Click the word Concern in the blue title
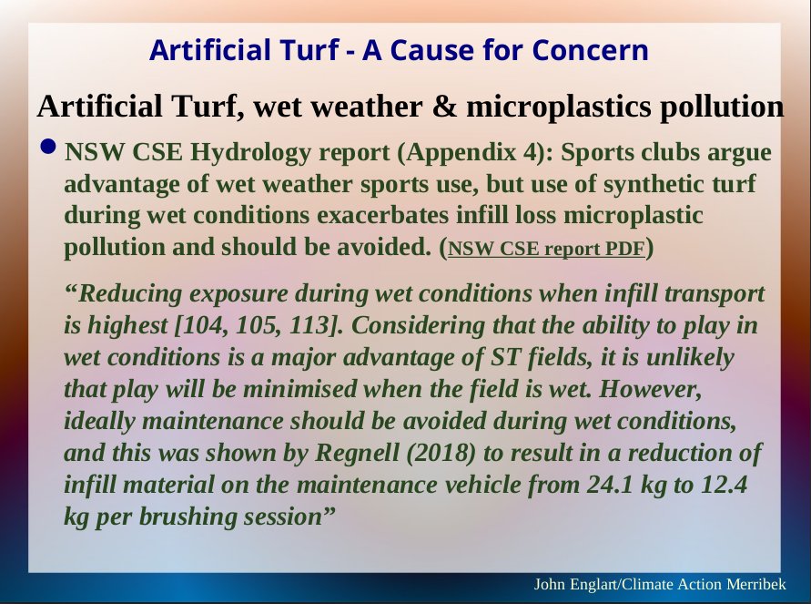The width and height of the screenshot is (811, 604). click(x=590, y=50)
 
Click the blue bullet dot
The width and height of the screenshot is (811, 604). click(x=47, y=147)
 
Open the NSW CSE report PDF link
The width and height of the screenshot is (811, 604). click(x=546, y=249)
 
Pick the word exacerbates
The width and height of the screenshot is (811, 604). click(x=382, y=215)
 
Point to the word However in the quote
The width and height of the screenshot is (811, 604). click(x=651, y=389)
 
